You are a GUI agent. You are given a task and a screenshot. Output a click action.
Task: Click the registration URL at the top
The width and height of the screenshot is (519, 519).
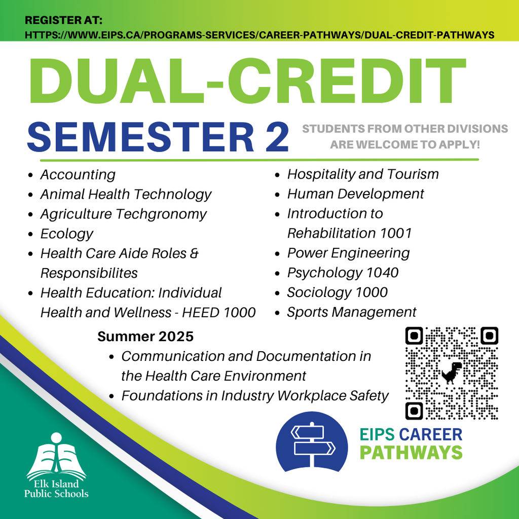click(x=259, y=35)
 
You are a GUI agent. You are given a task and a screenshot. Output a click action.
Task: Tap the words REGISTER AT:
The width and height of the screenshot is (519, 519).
click(x=63, y=20)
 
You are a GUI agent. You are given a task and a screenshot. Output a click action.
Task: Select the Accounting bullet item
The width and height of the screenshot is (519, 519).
click(x=78, y=175)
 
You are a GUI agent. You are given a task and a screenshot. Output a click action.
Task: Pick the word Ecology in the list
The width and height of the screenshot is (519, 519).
click(x=67, y=234)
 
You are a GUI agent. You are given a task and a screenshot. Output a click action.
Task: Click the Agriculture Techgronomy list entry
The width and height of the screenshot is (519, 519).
click(x=124, y=214)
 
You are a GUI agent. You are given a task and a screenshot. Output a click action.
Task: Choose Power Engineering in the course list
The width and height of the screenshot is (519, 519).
click(x=348, y=253)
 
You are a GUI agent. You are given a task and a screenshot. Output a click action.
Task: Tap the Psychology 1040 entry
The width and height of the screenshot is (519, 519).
click(x=343, y=273)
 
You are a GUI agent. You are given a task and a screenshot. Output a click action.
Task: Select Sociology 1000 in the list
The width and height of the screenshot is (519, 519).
click(x=337, y=292)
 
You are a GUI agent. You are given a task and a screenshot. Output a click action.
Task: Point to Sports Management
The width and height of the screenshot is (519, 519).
click(x=352, y=312)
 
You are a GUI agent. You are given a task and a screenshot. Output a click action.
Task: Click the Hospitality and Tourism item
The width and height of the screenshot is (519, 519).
click(x=363, y=174)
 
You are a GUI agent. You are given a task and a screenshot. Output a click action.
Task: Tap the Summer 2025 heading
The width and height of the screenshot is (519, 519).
click(x=145, y=337)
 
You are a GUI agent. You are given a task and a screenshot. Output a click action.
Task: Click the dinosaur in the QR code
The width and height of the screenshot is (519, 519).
click(x=452, y=373)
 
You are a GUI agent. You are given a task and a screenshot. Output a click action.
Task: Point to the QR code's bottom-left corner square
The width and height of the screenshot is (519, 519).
click(x=414, y=411)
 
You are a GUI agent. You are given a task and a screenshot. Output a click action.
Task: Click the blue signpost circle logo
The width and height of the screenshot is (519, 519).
click(x=312, y=442)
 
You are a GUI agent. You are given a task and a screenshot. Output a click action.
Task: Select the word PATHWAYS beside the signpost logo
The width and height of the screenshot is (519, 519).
click(x=411, y=453)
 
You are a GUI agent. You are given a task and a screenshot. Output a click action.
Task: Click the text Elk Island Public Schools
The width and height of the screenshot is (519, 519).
click(x=56, y=489)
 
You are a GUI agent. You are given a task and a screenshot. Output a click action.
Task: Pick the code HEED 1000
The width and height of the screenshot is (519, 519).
click(x=219, y=313)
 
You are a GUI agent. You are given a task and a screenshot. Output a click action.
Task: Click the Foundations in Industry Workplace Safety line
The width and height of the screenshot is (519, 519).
click(x=255, y=396)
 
